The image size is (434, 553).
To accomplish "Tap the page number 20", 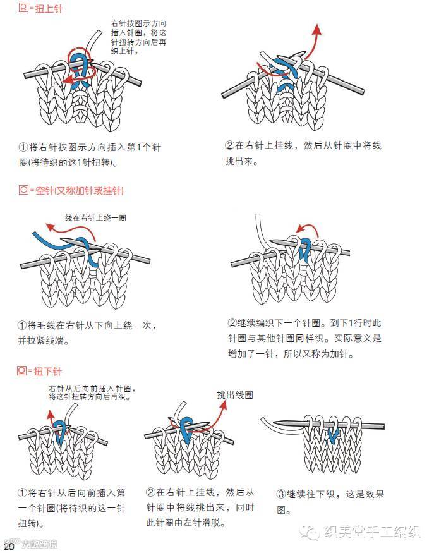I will tap(9, 545).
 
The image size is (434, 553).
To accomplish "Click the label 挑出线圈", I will tap(234, 395).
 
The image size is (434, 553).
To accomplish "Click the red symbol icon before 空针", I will tap(23, 190).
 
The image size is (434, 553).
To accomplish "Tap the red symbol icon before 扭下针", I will tap(23, 370).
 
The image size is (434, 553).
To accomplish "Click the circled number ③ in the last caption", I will tap(281, 494).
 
